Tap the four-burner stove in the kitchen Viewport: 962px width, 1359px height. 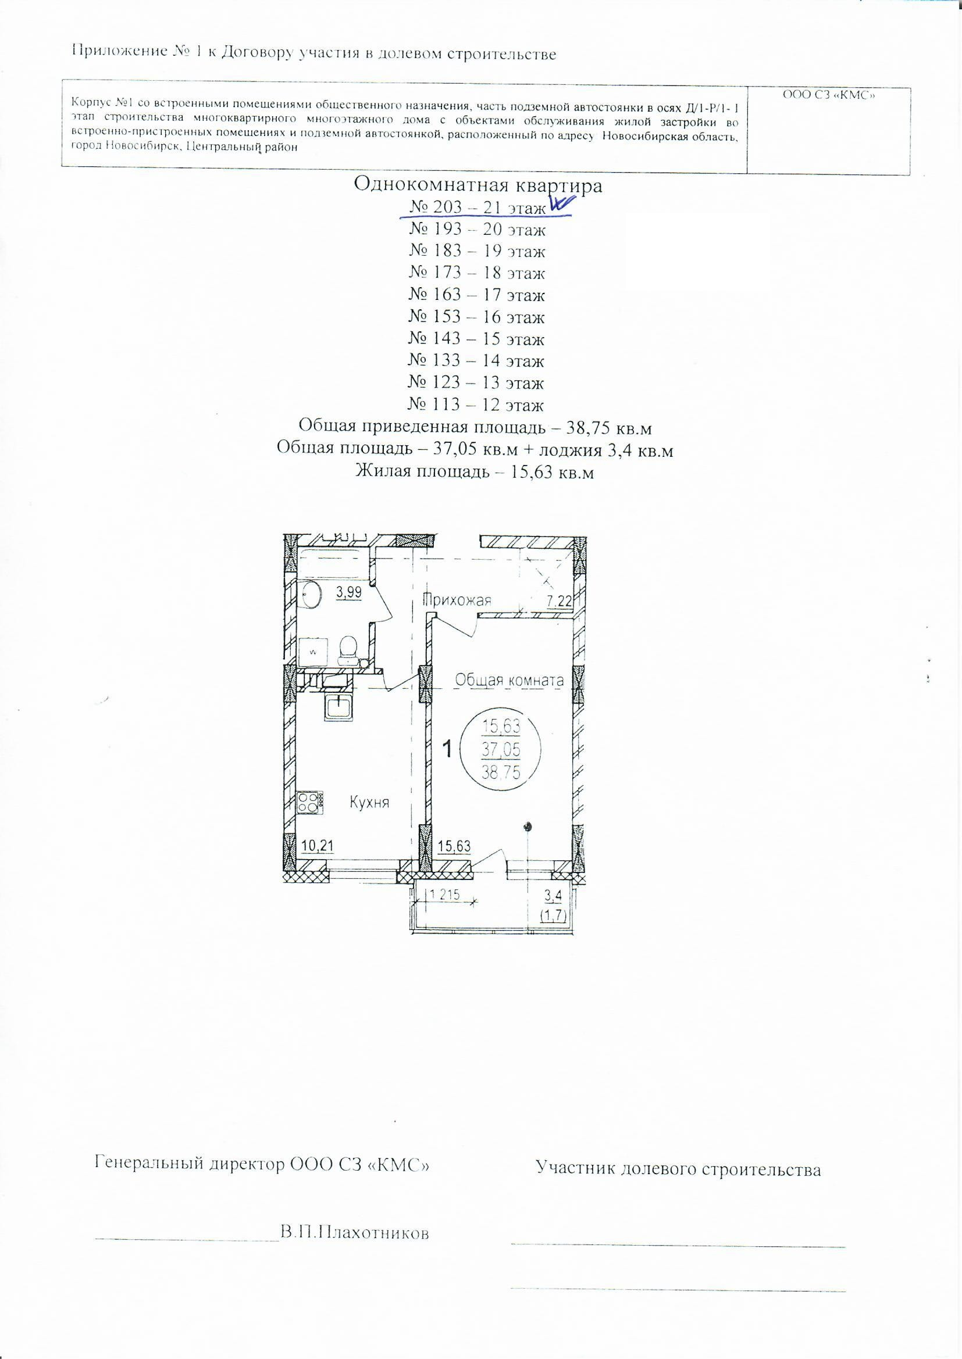pos(311,802)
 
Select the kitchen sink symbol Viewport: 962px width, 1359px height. pos(339,706)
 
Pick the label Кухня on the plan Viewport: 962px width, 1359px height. pos(369,803)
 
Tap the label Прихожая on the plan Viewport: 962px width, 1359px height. pos(457,600)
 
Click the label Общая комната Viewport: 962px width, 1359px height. pos(509,681)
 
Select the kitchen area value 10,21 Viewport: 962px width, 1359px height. pos(318,846)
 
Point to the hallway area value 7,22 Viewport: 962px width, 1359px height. pos(558,602)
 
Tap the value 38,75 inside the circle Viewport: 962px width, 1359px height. pos(502,772)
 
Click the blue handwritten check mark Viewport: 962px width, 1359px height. pos(562,203)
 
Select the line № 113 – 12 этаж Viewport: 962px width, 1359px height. pos(476,406)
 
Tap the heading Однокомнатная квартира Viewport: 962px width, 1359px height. pos(478,185)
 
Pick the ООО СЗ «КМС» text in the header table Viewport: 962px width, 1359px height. pos(829,94)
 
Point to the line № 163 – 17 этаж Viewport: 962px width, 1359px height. pos(476,295)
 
